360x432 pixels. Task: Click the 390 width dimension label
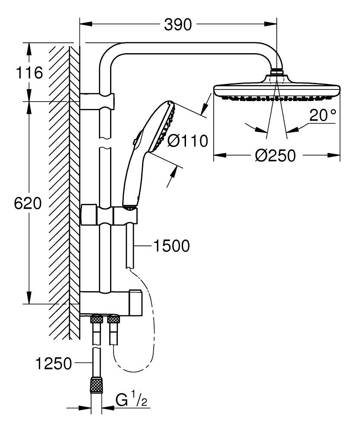click(177, 25)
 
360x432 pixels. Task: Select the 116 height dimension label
click(29, 72)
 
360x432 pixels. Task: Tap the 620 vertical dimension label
click(28, 203)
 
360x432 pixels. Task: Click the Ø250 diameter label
click(275, 155)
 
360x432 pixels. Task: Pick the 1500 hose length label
click(171, 246)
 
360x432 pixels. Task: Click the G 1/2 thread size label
click(132, 400)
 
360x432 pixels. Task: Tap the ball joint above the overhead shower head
click(276, 72)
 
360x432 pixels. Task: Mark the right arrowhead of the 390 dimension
click(272, 25)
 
